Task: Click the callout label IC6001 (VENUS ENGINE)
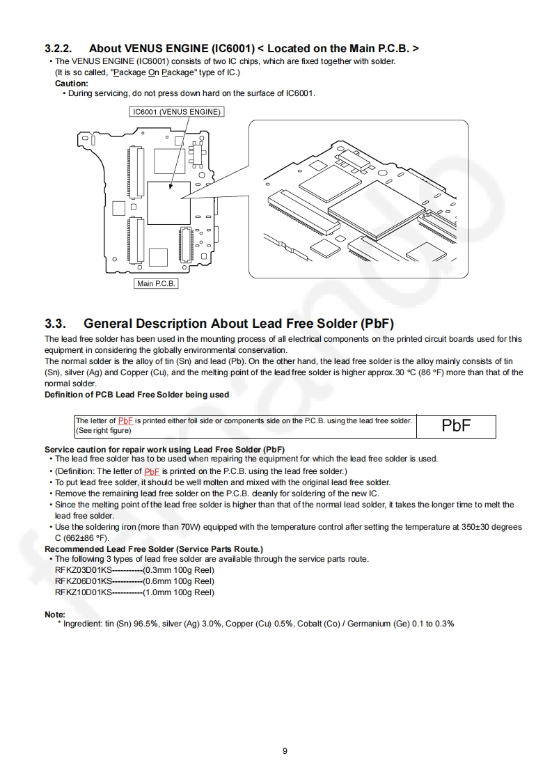[x=177, y=111]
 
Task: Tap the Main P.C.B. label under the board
[x=156, y=283]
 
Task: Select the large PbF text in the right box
[x=456, y=426]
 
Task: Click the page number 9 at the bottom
[x=285, y=750]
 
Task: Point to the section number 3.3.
[x=55, y=324]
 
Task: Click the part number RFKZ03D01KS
[x=83, y=569]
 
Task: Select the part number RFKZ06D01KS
[x=83, y=581]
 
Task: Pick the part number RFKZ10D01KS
[x=83, y=592]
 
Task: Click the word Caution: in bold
[x=72, y=84]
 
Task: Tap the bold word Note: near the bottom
[x=55, y=615]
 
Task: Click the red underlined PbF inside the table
[x=125, y=420]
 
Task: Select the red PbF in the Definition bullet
[x=152, y=471]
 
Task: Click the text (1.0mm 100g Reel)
[x=179, y=592]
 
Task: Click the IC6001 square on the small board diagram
[x=168, y=203]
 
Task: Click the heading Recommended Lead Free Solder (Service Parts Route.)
[x=154, y=549]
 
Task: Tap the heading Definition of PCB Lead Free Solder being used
[x=137, y=395]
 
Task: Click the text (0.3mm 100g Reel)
[x=179, y=569]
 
